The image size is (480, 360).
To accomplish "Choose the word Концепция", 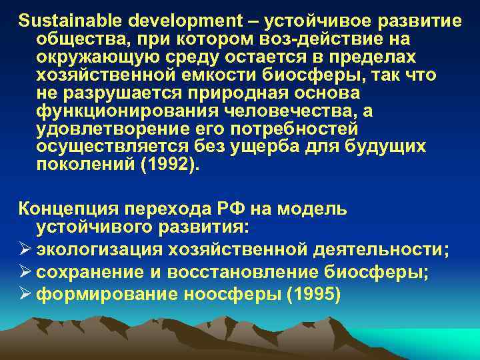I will [63, 209].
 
